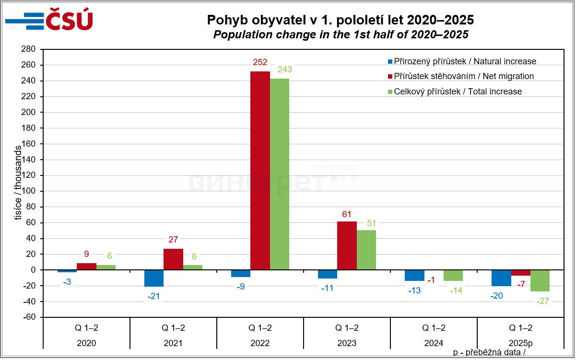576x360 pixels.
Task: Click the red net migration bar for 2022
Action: click(260, 170)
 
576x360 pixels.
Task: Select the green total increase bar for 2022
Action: click(279, 174)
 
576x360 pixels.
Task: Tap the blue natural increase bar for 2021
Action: click(154, 278)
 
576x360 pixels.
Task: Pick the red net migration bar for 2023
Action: click(347, 245)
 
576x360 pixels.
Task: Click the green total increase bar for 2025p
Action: click(540, 280)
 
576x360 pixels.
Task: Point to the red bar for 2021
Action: click(173, 259)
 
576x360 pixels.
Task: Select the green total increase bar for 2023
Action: click(366, 250)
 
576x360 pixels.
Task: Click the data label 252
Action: click(260, 62)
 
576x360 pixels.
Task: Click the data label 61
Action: click(347, 213)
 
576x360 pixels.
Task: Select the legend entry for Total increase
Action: click(457, 91)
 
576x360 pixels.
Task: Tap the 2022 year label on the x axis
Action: click(260, 343)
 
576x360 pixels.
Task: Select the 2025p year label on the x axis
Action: click(520, 343)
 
